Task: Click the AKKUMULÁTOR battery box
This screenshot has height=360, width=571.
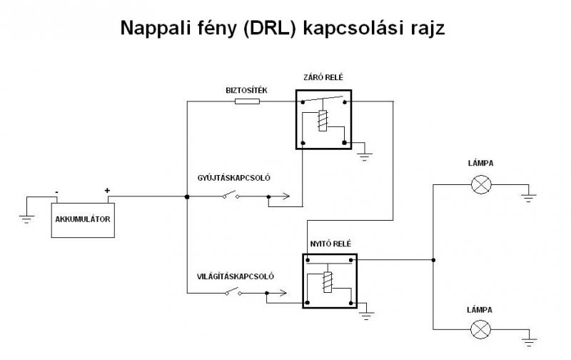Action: point(82,220)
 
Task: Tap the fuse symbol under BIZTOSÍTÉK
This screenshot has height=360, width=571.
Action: point(247,101)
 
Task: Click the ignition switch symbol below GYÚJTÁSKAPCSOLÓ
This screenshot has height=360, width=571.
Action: point(231,194)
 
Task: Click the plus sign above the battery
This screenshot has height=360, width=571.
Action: point(107,191)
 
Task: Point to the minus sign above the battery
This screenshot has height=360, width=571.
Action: point(56,191)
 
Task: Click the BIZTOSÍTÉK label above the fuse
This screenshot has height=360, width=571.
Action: point(241,91)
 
